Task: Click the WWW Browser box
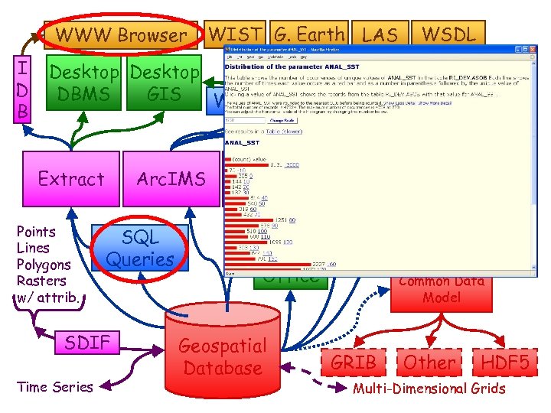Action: tap(120, 35)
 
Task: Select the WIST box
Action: tap(236, 34)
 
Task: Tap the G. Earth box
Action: tap(309, 34)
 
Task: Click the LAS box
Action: tap(379, 34)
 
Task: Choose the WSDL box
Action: tap(448, 34)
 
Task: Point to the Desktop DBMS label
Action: tap(85, 83)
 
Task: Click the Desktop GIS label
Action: tap(164, 83)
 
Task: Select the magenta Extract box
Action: tap(71, 179)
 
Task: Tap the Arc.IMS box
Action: tap(171, 179)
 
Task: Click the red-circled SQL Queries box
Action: tap(140, 249)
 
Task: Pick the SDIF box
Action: tap(87, 342)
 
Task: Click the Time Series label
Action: tap(54, 387)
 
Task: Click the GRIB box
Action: tap(353, 362)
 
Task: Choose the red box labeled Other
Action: tap(429, 362)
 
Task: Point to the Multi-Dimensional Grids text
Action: tap(429, 389)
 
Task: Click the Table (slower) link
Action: tap(284, 130)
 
